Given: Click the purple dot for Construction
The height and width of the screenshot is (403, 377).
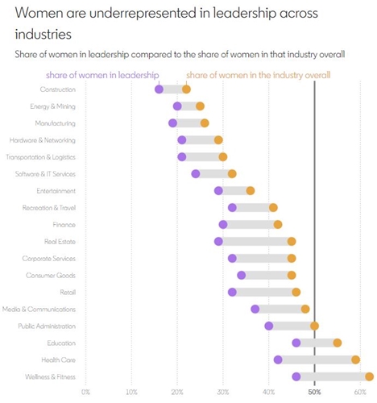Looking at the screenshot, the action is pyautogui.click(x=159, y=89).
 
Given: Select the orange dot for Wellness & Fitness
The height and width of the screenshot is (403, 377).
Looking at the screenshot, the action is pyautogui.click(x=370, y=376).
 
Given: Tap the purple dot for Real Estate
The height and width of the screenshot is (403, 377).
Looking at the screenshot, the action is pyautogui.click(x=218, y=241).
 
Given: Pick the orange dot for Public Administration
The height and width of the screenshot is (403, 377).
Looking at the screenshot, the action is pyautogui.click(x=314, y=326).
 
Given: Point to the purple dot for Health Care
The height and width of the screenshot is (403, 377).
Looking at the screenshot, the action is pyautogui.click(x=278, y=359).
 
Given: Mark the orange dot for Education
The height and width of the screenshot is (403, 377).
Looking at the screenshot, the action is pyautogui.click(x=338, y=343).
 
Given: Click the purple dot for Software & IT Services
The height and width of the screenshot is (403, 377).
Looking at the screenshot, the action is pyautogui.click(x=196, y=174).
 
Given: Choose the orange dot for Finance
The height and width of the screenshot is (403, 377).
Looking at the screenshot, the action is pyautogui.click(x=278, y=225).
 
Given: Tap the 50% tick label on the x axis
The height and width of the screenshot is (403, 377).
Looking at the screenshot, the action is pyautogui.click(x=314, y=393).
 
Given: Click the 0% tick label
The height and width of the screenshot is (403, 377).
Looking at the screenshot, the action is pyautogui.click(x=85, y=393).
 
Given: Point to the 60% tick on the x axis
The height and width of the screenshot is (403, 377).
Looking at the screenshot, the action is pyautogui.click(x=360, y=393).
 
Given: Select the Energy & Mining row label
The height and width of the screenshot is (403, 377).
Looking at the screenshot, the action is pyautogui.click(x=52, y=106).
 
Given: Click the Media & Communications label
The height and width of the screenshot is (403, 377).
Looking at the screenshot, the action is pyautogui.click(x=39, y=310).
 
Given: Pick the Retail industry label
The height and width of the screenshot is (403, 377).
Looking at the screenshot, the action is pyautogui.click(x=68, y=293).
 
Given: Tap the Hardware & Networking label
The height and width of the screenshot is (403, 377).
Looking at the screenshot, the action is pyautogui.click(x=43, y=140).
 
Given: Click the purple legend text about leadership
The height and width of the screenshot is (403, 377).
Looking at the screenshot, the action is pyautogui.click(x=102, y=75).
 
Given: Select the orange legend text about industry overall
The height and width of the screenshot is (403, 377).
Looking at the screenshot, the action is pyautogui.click(x=259, y=75).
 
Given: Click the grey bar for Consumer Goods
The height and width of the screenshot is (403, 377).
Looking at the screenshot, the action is pyautogui.click(x=267, y=276).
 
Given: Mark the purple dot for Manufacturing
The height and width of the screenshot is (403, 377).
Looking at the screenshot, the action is pyautogui.click(x=172, y=123).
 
